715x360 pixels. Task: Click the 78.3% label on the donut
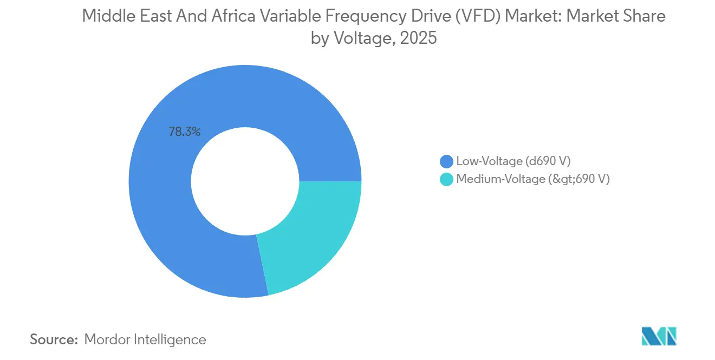pyautogui.click(x=185, y=132)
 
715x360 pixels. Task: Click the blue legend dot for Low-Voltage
pyautogui.click(x=446, y=161)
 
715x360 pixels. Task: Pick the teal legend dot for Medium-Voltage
pyautogui.click(x=446, y=180)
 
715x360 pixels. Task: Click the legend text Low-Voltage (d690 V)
pyautogui.click(x=513, y=161)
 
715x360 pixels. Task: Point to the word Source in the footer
pyautogui.click(x=54, y=339)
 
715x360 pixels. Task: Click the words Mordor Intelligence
pyautogui.click(x=145, y=339)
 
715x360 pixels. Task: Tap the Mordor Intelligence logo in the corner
pyautogui.click(x=659, y=336)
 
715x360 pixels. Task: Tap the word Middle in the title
pyautogui.click(x=106, y=16)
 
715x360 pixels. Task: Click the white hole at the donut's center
pyautogui.click(x=245, y=181)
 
